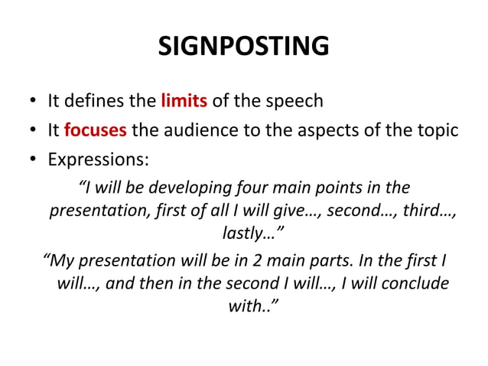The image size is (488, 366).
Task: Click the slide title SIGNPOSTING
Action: click(243, 47)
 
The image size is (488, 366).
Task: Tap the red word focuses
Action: click(96, 129)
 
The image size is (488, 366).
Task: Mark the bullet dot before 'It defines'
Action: click(32, 102)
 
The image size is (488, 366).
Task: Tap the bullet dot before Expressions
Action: click(32, 161)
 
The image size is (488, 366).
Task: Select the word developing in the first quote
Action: click(197, 188)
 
